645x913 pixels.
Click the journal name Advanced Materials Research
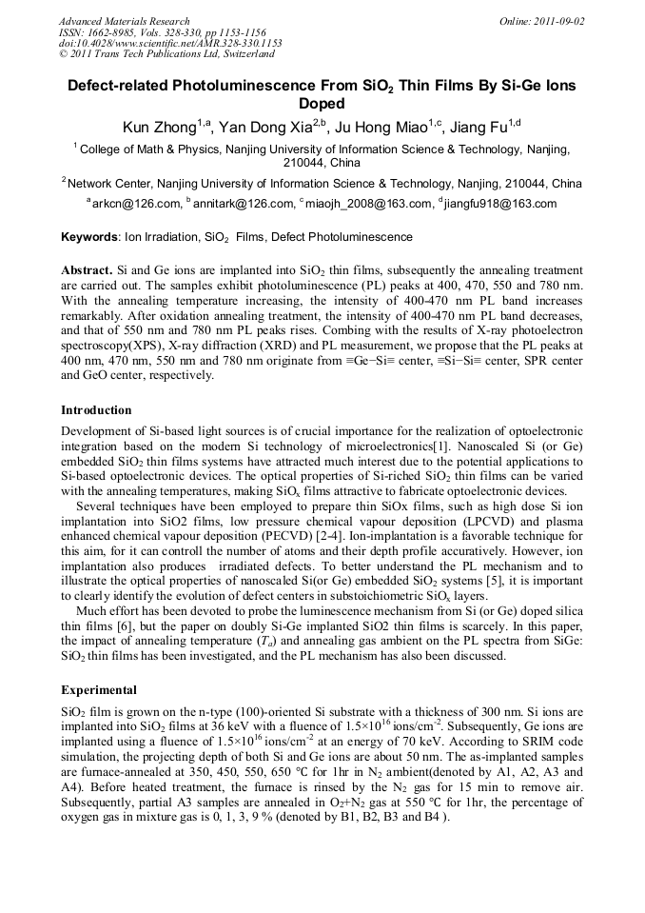125,21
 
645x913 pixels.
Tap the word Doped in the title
322,104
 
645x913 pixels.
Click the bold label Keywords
89,237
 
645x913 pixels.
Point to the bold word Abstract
88,269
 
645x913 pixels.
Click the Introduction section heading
97,410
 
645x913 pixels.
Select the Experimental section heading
99,689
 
